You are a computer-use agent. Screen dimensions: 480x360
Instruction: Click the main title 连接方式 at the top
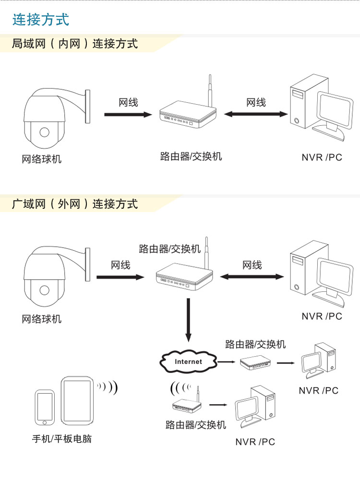[41, 20]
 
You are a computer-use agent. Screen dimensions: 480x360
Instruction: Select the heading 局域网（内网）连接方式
[75, 44]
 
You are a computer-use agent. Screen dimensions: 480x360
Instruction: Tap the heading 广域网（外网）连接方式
[75, 204]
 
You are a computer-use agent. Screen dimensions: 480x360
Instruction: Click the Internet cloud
[188, 361]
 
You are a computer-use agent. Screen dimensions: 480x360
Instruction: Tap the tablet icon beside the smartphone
[76, 400]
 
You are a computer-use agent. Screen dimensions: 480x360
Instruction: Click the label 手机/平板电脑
[61, 439]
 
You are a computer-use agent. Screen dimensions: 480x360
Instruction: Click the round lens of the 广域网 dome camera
[45, 290]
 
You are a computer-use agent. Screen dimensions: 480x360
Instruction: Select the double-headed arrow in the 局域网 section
[256, 114]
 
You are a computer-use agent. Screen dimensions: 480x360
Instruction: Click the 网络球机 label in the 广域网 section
[42, 319]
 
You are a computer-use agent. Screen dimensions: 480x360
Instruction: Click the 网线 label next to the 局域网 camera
[128, 102]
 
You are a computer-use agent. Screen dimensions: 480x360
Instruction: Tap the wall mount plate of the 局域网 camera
[87, 106]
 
